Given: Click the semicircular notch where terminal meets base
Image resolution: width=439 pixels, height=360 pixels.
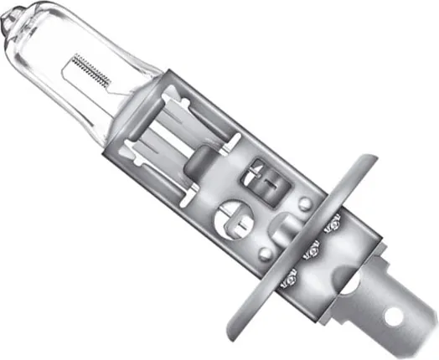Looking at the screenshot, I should [x=350, y=286].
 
